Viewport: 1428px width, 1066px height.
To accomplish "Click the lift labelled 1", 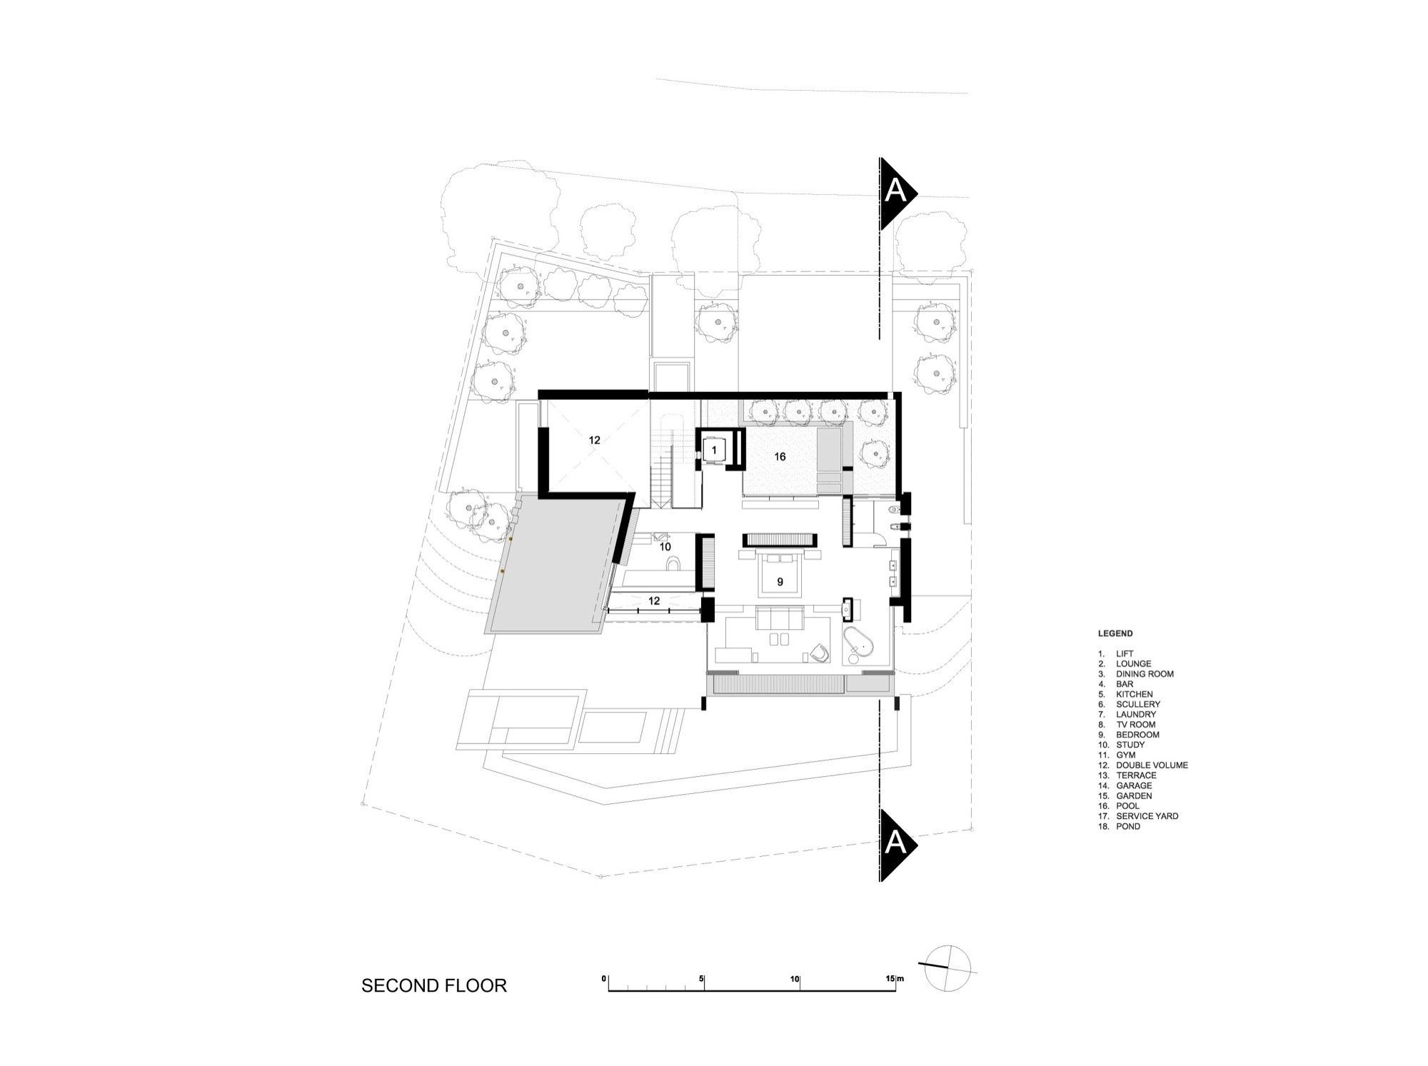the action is click(x=714, y=449).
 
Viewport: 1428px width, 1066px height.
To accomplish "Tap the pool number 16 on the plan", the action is click(x=780, y=456).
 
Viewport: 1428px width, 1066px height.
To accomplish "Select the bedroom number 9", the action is click(x=780, y=582).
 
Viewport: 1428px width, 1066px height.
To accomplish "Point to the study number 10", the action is click(x=665, y=547).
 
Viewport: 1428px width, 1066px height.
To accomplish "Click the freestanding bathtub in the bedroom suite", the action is click(x=863, y=648).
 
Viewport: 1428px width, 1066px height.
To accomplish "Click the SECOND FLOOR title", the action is click(x=434, y=986).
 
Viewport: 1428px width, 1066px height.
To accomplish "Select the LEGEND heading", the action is click(x=1115, y=633).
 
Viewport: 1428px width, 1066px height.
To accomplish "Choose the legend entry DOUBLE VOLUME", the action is click(x=1152, y=765).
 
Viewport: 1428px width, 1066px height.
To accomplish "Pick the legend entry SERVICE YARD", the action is click(x=1147, y=816).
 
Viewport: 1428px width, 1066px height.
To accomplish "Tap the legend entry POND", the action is click(x=1128, y=826).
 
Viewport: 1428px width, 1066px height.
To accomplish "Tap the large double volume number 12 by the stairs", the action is click(x=595, y=441).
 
